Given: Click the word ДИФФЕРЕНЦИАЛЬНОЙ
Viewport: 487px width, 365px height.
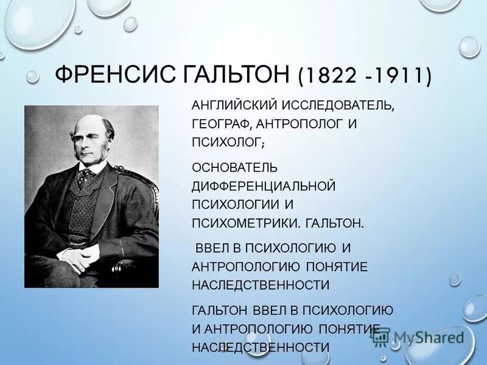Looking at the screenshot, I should click(264, 184).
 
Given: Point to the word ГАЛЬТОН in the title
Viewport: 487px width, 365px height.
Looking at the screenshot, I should click(238, 76).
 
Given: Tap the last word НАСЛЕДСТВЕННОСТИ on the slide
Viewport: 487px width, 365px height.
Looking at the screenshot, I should click(261, 347).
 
